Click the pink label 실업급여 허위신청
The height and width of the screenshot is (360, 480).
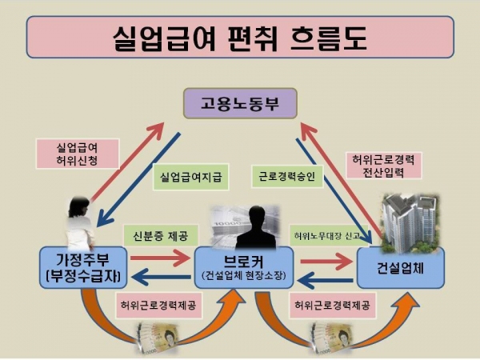pos(77,154)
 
